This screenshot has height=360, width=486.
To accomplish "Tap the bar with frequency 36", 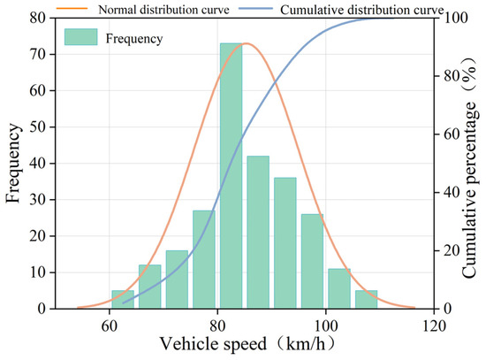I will (x=285, y=242).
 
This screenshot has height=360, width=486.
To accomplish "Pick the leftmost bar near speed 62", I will (x=123, y=299).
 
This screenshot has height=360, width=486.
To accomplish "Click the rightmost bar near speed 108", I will (x=366, y=299).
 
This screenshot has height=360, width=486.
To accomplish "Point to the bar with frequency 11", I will (x=339, y=288).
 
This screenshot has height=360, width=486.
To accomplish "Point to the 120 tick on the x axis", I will (x=434, y=324).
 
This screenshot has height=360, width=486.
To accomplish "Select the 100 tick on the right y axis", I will (x=452, y=18).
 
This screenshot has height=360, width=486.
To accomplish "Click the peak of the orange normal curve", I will (x=247, y=43).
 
